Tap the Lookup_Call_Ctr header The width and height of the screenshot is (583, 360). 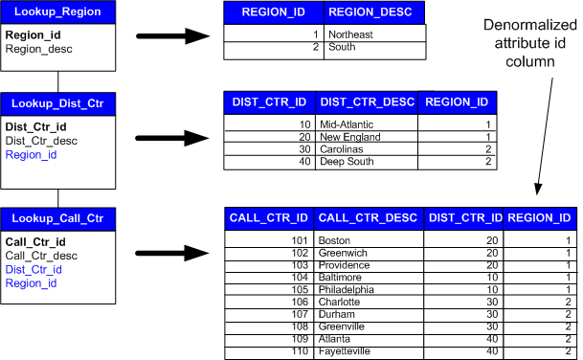[x=58, y=219]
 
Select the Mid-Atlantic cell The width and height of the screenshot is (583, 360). [x=348, y=124]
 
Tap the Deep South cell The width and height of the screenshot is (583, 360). [x=347, y=162]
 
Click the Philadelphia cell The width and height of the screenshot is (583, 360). [x=344, y=289]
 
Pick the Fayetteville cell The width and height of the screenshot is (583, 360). [x=345, y=351]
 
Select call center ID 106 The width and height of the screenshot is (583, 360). [x=300, y=302]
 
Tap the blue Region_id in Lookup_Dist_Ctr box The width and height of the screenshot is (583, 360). [x=31, y=153]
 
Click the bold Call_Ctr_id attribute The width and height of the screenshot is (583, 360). [x=35, y=242]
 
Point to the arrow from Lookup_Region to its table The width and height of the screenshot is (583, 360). [x=172, y=36]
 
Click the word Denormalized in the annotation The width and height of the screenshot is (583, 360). [x=527, y=44]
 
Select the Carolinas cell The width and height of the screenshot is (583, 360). [x=343, y=149]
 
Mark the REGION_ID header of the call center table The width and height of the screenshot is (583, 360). [x=541, y=218]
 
